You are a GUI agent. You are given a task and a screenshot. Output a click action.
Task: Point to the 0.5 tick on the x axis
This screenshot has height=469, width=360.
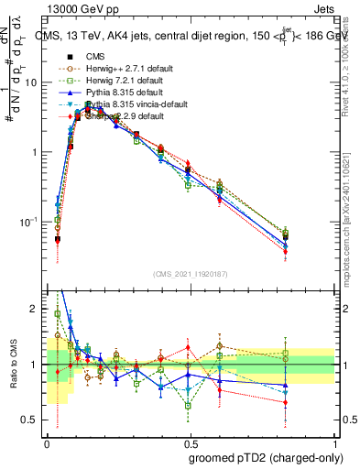click(190, 442)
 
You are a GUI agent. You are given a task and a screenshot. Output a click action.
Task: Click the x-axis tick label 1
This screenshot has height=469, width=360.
click(334, 442)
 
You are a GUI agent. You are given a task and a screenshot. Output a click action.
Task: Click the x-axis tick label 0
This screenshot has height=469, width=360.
click(46, 442)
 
